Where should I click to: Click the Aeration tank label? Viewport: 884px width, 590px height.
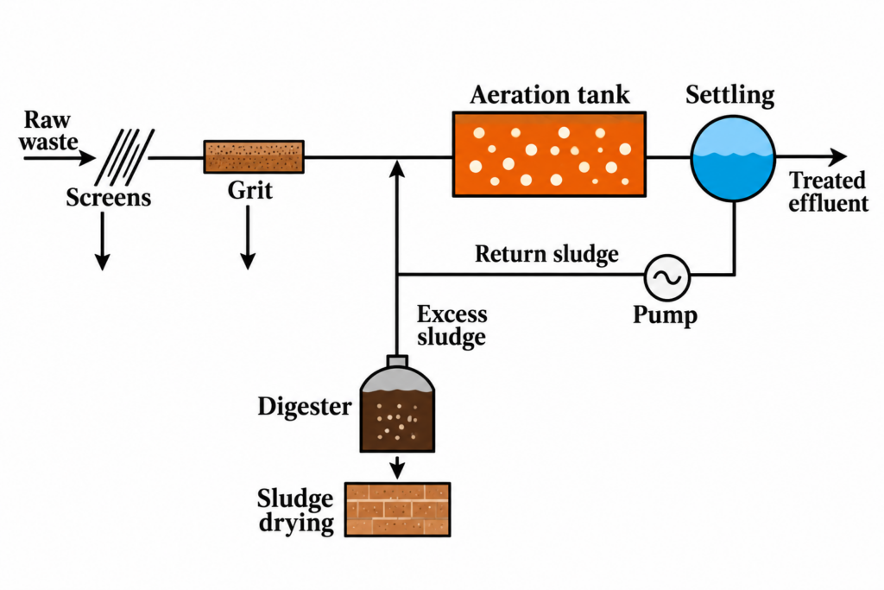550,95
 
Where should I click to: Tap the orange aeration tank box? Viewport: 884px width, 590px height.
550,154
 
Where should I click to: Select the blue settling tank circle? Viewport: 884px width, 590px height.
733,158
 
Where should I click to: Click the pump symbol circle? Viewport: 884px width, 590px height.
667,277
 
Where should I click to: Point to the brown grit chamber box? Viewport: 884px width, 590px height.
254,157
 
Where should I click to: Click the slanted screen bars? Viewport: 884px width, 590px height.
124,157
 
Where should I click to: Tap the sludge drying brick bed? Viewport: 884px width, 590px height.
397,510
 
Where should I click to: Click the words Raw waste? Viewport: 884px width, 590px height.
48,130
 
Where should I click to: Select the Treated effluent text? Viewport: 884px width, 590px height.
828,192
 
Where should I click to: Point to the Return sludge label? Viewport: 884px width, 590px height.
546,254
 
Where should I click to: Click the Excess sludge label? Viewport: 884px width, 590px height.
451,326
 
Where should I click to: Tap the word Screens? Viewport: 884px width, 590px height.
109,198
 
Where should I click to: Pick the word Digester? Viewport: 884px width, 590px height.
305,406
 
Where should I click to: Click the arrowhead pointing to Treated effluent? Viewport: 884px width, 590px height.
838,157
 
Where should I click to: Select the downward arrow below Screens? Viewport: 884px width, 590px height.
102,241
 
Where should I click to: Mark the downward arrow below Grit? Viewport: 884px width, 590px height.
248,238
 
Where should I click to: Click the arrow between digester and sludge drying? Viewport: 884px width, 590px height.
397,467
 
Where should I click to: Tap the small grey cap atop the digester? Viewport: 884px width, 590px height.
397,361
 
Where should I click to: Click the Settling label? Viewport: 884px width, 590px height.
730,95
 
